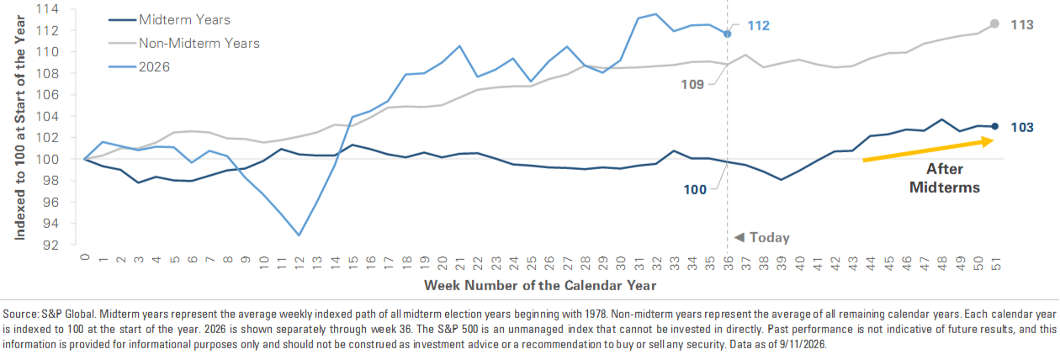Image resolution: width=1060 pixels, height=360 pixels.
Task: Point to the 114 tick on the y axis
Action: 47,9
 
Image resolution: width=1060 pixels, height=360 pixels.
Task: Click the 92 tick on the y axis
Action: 50,245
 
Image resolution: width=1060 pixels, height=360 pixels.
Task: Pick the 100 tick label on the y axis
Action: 47,160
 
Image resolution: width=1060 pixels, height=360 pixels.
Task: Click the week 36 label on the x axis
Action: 728,263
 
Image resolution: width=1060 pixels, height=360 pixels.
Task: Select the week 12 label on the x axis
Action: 299,263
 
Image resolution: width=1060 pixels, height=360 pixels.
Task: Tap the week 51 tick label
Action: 996,263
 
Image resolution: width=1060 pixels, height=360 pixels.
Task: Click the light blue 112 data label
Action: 759,25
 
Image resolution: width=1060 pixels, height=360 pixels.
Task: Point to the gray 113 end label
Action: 1022,25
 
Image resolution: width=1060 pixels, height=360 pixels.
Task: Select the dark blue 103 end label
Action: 1022,127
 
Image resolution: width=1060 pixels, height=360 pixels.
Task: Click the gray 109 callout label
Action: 692,85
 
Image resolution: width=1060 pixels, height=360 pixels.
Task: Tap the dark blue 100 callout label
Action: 695,190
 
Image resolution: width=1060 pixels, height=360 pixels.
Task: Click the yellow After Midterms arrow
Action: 928,150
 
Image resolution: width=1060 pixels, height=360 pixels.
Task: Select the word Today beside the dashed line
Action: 770,237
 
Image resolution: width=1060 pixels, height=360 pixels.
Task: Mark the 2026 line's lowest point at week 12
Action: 299,236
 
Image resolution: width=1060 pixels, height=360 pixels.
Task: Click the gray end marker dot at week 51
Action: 994,24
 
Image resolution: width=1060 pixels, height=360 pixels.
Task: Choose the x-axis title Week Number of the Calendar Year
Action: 540,286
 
